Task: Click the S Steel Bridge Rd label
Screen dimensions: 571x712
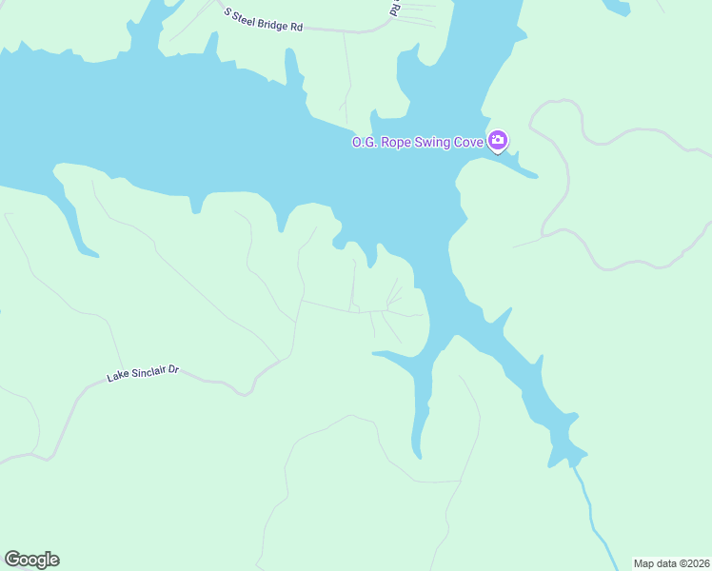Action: click(x=264, y=20)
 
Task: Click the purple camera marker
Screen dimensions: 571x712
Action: click(x=498, y=142)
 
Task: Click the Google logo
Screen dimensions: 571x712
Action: click(x=31, y=560)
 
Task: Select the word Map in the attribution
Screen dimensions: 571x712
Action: click(x=644, y=563)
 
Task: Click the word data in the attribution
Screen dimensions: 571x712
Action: click(x=665, y=563)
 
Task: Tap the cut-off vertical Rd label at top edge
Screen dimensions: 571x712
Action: click(x=395, y=9)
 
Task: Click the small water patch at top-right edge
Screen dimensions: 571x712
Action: click(x=617, y=7)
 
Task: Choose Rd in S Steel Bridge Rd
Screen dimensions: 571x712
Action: click(x=297, y=27)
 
